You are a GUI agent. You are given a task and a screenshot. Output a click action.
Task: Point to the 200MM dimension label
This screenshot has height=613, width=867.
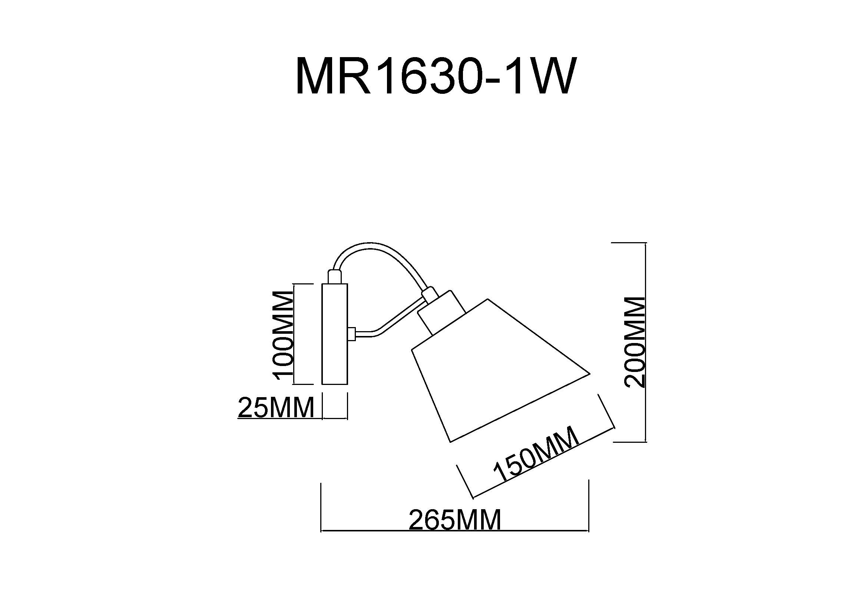(x=635, y=342)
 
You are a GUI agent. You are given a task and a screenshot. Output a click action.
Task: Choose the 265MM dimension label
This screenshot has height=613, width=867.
(x=455, y=520)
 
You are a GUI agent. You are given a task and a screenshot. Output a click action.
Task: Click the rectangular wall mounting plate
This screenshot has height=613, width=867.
(x=335, y=334)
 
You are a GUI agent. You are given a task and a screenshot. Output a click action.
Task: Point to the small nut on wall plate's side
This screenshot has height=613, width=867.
(x=351, y=333)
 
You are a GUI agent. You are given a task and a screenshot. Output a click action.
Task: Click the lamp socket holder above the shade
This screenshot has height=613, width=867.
(x=442, y=313)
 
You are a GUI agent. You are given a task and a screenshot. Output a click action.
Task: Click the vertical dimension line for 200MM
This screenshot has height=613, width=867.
(x=646, y=342)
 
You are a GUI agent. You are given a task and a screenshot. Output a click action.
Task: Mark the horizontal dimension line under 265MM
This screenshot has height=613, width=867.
(x=455, y=531)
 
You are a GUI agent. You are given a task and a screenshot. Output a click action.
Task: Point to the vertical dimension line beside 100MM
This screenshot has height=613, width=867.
(x=294, y=334)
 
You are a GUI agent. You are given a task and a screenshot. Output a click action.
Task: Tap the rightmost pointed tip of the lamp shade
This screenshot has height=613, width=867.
(x=589, y=374)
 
